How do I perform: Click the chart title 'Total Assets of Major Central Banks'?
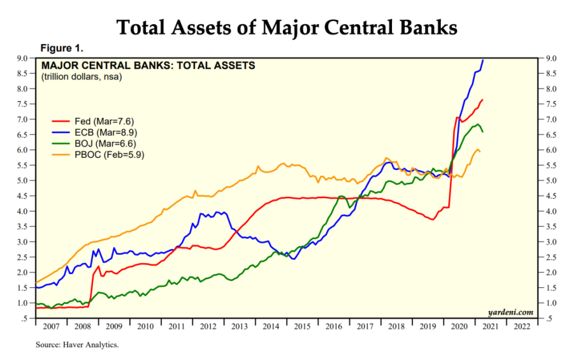(287, 28)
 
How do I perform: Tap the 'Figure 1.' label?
(62, 47)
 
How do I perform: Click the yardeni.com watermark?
(511, 312)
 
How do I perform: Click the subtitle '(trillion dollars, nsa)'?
(81, 77)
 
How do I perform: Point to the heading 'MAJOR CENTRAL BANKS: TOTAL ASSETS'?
(148, 66)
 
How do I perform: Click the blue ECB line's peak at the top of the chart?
(483, 60)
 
